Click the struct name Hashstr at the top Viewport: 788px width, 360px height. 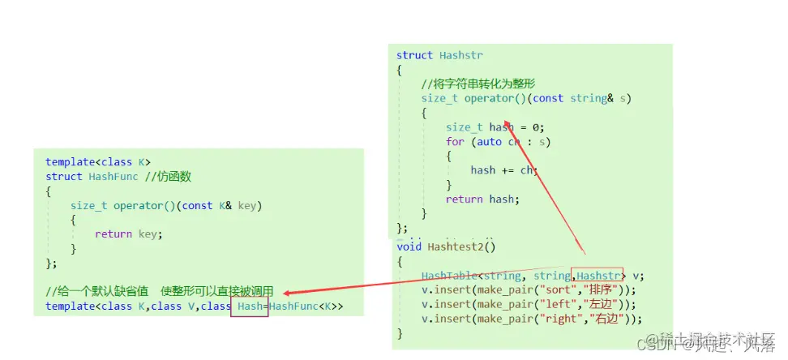(461, 55)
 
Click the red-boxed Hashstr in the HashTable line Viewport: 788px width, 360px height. (598, 276)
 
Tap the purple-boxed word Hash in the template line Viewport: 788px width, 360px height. (250, 306)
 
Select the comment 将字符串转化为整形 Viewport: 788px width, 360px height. (478, 84)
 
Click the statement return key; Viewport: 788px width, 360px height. (128, 234)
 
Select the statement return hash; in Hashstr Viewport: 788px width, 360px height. (482, 199)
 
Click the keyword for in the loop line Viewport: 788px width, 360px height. (455, 141)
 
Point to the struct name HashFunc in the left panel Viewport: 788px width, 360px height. (112, 177)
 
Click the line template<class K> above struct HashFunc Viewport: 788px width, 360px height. (97, 162)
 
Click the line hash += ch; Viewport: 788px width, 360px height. (503, 170)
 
